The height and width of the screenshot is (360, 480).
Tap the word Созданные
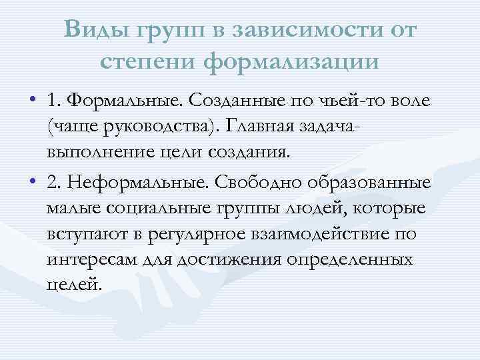pos(237,101)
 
